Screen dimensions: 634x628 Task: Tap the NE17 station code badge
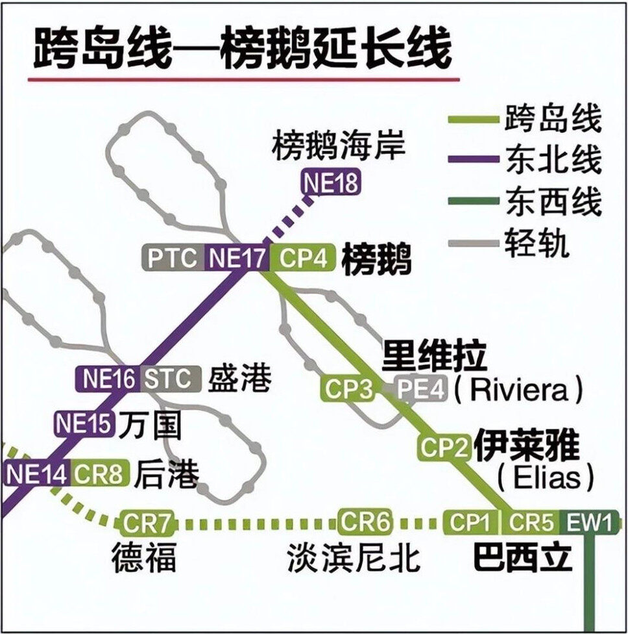[x=236, y=259]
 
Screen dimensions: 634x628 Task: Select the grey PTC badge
[x=172, y=259]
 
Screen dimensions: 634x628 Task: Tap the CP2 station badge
[x=445, y=447]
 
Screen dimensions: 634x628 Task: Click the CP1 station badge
[x=471, y=522]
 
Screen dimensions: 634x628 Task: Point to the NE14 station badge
[x=36, y=474]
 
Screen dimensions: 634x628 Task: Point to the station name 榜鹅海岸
[x=338, y=147]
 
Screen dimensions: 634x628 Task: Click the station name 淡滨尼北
[x=354, y=557]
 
